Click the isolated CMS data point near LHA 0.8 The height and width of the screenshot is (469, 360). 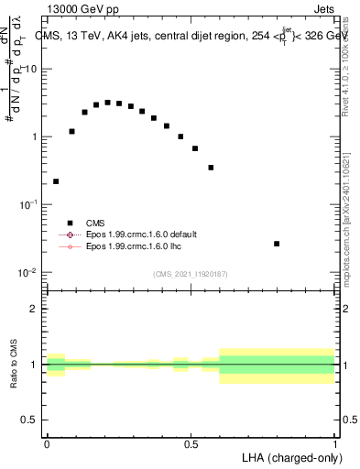[x=277, y=244]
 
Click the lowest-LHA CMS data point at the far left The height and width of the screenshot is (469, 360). [x=56, y=181]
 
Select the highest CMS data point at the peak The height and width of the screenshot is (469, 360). [x=107, y=103]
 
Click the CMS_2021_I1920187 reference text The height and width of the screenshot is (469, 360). [x=191, y=274]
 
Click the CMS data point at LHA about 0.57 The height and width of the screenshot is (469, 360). [x=211, y=168]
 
